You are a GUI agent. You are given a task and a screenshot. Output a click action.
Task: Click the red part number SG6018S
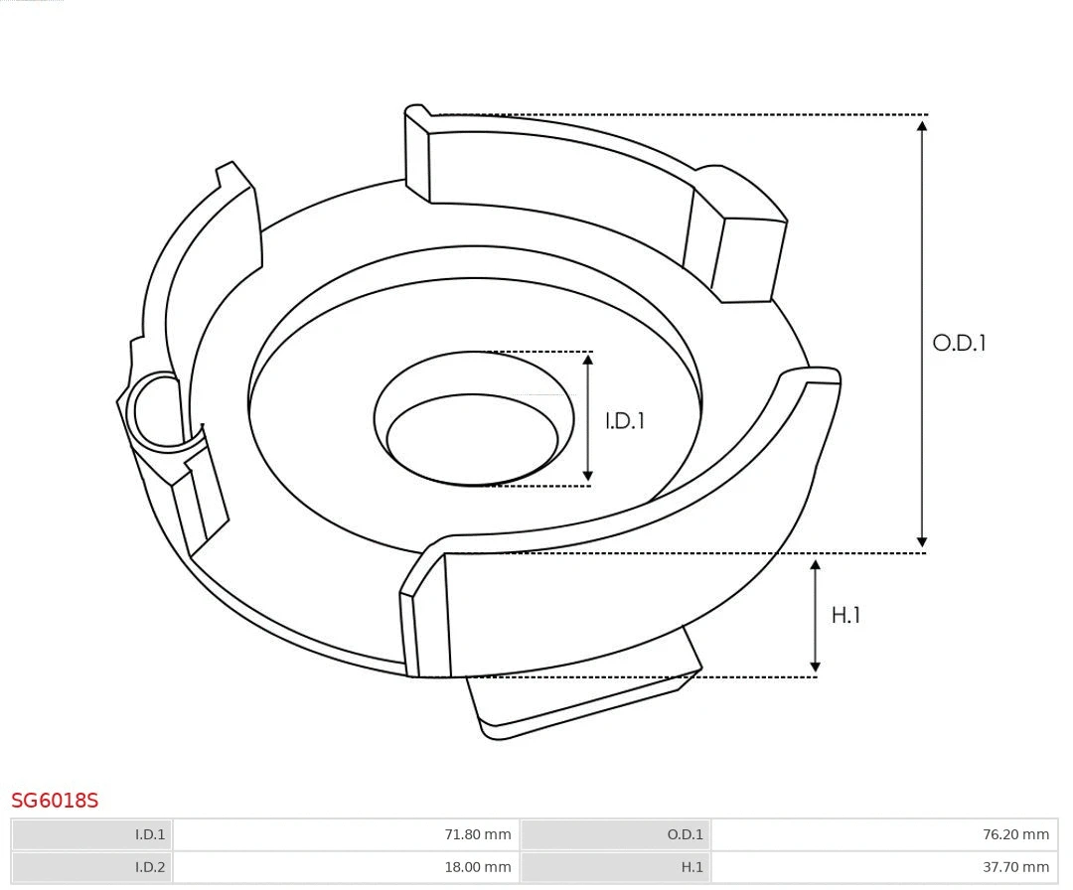pos(55,801)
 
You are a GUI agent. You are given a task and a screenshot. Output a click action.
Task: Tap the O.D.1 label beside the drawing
pos(959,344)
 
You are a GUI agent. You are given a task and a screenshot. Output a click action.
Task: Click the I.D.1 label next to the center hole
pos(625,421)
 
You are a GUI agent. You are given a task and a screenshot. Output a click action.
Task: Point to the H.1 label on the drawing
pos(845,616)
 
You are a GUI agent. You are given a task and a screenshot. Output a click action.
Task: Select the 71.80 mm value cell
pos(477,834)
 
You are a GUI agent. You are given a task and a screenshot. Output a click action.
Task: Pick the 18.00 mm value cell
pos(477,867)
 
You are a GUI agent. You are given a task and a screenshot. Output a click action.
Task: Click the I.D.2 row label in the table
pos(150,867)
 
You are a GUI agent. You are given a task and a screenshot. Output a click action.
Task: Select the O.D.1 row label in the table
pos(685,834)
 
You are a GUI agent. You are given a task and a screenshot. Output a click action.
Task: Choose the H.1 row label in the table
pos(691,867)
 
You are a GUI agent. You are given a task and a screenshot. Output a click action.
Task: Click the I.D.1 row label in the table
pos(150,834)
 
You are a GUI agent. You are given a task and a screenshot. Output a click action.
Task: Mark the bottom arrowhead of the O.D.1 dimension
pos(922,542)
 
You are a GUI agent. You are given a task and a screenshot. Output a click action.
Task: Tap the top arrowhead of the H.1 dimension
pos(816,565)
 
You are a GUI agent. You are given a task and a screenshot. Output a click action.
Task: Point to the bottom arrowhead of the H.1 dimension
pos(816,667)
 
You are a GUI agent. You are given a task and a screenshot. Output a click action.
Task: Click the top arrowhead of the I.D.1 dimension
pos(588,361)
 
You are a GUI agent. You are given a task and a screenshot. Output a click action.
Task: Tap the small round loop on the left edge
pos(157,410)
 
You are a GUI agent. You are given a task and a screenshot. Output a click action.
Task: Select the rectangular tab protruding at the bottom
pos(586,695)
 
